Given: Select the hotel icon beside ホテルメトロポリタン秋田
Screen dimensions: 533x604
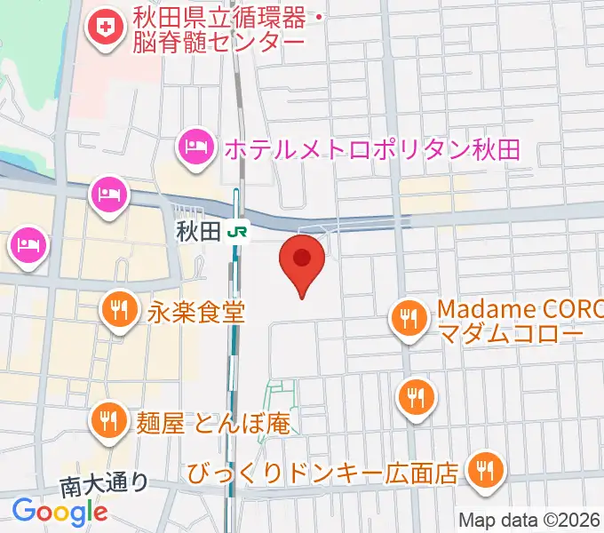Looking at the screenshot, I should (x=195, y=147).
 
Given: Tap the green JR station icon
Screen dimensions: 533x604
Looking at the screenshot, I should (x=237, y=232).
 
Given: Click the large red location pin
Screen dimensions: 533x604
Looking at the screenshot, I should (x=302, y=259).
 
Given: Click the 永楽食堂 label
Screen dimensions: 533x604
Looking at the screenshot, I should (x=196, y=312).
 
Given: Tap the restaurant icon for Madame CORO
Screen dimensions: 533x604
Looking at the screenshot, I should (x=408, y=320).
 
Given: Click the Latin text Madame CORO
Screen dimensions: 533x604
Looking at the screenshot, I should (x=520, y=311).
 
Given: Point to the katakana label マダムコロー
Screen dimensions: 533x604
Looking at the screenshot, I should (x=510, y=334).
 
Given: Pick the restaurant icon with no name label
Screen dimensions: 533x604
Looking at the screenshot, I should (x=415, y=394).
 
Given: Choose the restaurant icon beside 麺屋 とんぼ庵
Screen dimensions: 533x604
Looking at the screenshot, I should (x=109, y=420).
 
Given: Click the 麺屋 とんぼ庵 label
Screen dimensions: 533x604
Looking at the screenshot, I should (x=214, y=422).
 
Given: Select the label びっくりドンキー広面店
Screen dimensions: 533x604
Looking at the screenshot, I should (x=323, y=471).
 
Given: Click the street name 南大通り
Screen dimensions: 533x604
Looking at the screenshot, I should (x=103, y=484).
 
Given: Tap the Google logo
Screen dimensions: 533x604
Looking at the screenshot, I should (x=60, y=512).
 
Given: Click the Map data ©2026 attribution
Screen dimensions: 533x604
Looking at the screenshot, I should (x=528, y=521).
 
